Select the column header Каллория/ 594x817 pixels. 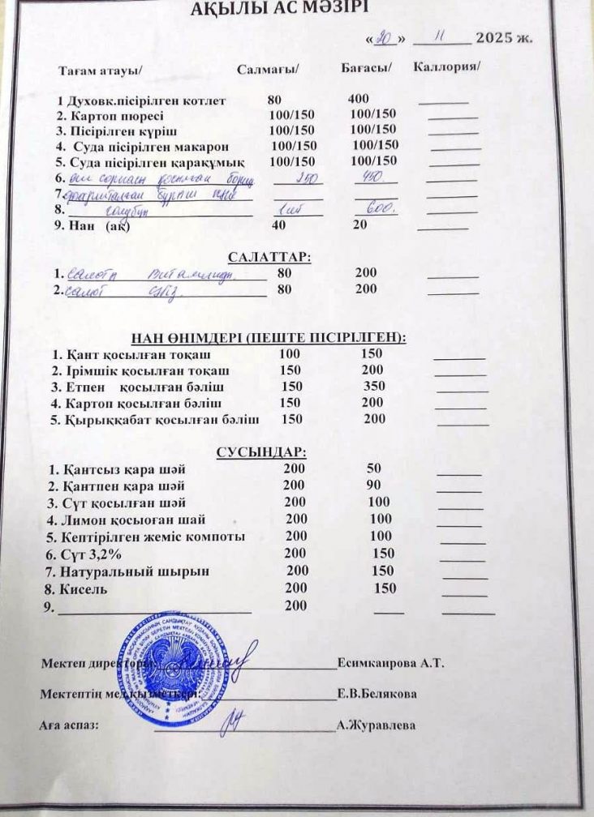[x=446, y=66]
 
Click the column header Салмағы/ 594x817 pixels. [x=269, y=69]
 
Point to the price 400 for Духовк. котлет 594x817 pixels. [x=358, y=99]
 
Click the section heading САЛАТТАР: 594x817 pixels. [x=270, y=257]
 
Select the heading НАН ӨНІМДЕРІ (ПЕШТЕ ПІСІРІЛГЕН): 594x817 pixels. [x=269, y=338]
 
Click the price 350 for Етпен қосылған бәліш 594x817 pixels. [x=374, y=386]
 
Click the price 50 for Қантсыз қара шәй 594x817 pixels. [x=373, y=468]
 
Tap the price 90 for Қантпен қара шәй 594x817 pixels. [x=374, y=485]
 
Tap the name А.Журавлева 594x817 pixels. [x=376, y=725]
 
